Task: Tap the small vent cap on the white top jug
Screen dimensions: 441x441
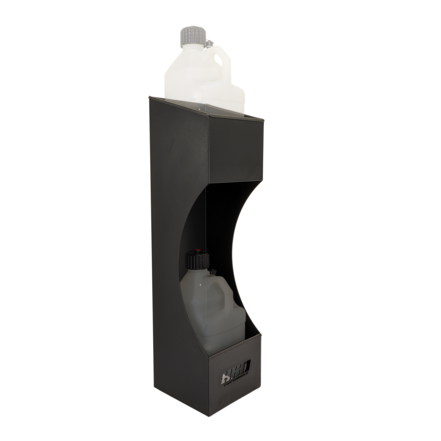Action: (210, 44)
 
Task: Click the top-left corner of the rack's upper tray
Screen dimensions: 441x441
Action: (149, 97)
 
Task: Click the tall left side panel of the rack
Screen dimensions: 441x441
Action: (174, 244)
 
